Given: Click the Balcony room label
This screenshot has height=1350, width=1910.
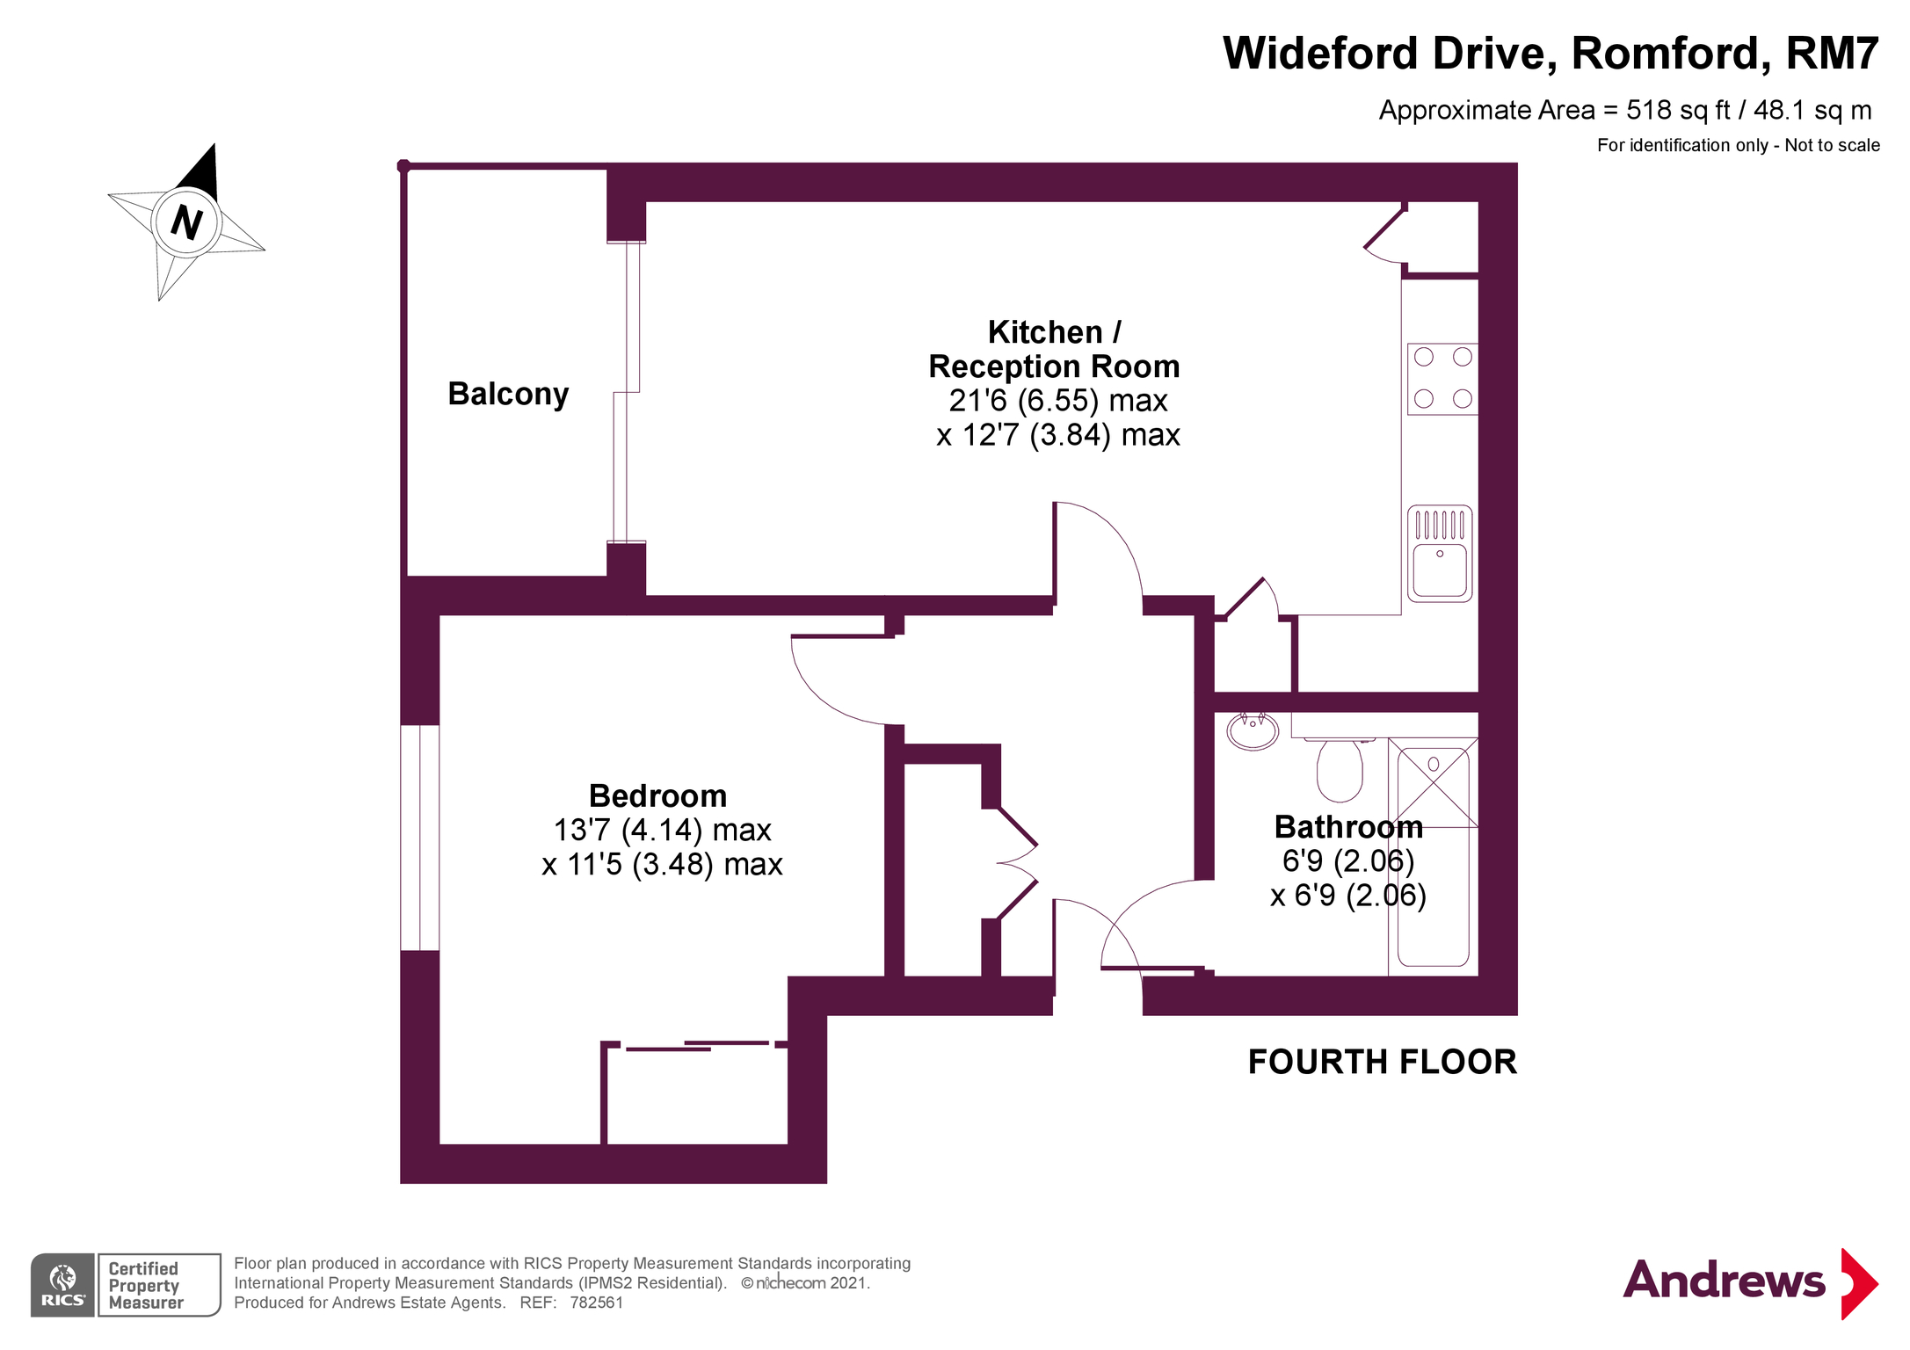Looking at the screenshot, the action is pos(508,394).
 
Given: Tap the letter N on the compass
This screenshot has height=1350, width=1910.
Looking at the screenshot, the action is pos(186,221).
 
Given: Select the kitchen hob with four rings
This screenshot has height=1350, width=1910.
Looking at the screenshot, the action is pos(1442,379).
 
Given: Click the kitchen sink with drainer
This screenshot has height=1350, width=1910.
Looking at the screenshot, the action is pos(1439,554).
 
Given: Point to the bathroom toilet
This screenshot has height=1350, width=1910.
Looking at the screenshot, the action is pos(1339,768).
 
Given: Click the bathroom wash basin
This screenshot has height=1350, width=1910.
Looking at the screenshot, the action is pos(1253,730).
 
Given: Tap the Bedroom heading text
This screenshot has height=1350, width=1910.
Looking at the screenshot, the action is pos(657,795).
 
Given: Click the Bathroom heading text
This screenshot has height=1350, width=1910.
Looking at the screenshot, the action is pos(1348,827).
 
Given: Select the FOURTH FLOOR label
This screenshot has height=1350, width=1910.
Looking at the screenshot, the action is pos(1382,1062).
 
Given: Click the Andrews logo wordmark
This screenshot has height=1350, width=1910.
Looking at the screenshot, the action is pos(1723,1281).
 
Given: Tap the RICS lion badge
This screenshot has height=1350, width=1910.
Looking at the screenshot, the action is pos(62,1285).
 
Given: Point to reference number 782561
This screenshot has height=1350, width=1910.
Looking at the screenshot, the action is pos(596,1303).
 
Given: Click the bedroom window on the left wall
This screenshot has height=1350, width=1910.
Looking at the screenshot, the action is pos(420,838).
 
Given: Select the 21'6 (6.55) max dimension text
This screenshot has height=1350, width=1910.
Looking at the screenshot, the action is pos(1057,401).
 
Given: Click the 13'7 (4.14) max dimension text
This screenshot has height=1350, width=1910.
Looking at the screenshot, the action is pos(662,830).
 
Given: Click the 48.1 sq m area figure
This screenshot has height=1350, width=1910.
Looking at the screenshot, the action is pos(1812,110).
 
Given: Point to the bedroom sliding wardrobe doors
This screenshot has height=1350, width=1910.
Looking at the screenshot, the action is pos(696,1046).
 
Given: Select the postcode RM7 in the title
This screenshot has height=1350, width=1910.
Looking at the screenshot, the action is pos(1832,53).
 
